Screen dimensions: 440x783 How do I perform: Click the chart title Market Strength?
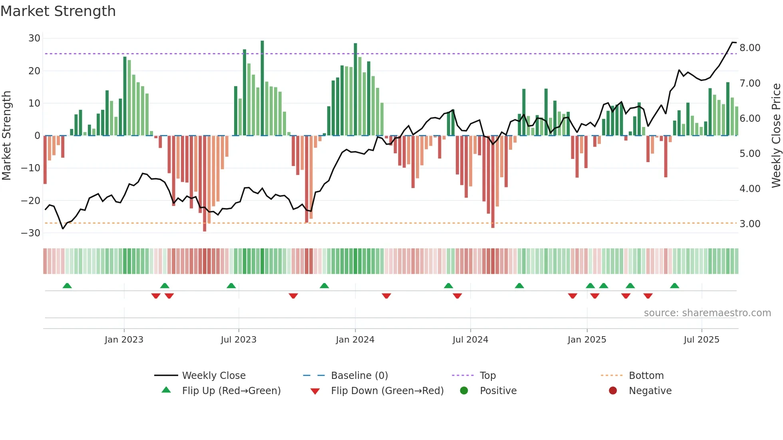coord(58,11)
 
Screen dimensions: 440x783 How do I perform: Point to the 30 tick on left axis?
coord(34,38)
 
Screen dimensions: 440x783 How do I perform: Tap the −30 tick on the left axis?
coord(31,233)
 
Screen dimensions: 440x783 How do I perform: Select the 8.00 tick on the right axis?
coord(750,48)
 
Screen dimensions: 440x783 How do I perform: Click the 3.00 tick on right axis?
coord(750,224)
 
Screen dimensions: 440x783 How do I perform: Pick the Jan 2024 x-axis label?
coord(355,340)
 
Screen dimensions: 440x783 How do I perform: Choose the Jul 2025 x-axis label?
coord(701,340)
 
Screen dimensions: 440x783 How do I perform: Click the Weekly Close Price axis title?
coord(776,135)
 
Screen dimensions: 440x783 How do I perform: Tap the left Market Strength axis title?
coord(7,135)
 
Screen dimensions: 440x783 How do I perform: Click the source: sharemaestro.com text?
coord(707,313)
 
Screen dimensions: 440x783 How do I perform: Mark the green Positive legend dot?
coord(464,391)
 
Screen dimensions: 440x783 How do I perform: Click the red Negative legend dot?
coord(613,391)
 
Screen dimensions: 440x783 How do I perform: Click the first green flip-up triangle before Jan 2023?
coord(67,286)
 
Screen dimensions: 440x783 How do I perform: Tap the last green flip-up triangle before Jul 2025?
coord(674,286)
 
